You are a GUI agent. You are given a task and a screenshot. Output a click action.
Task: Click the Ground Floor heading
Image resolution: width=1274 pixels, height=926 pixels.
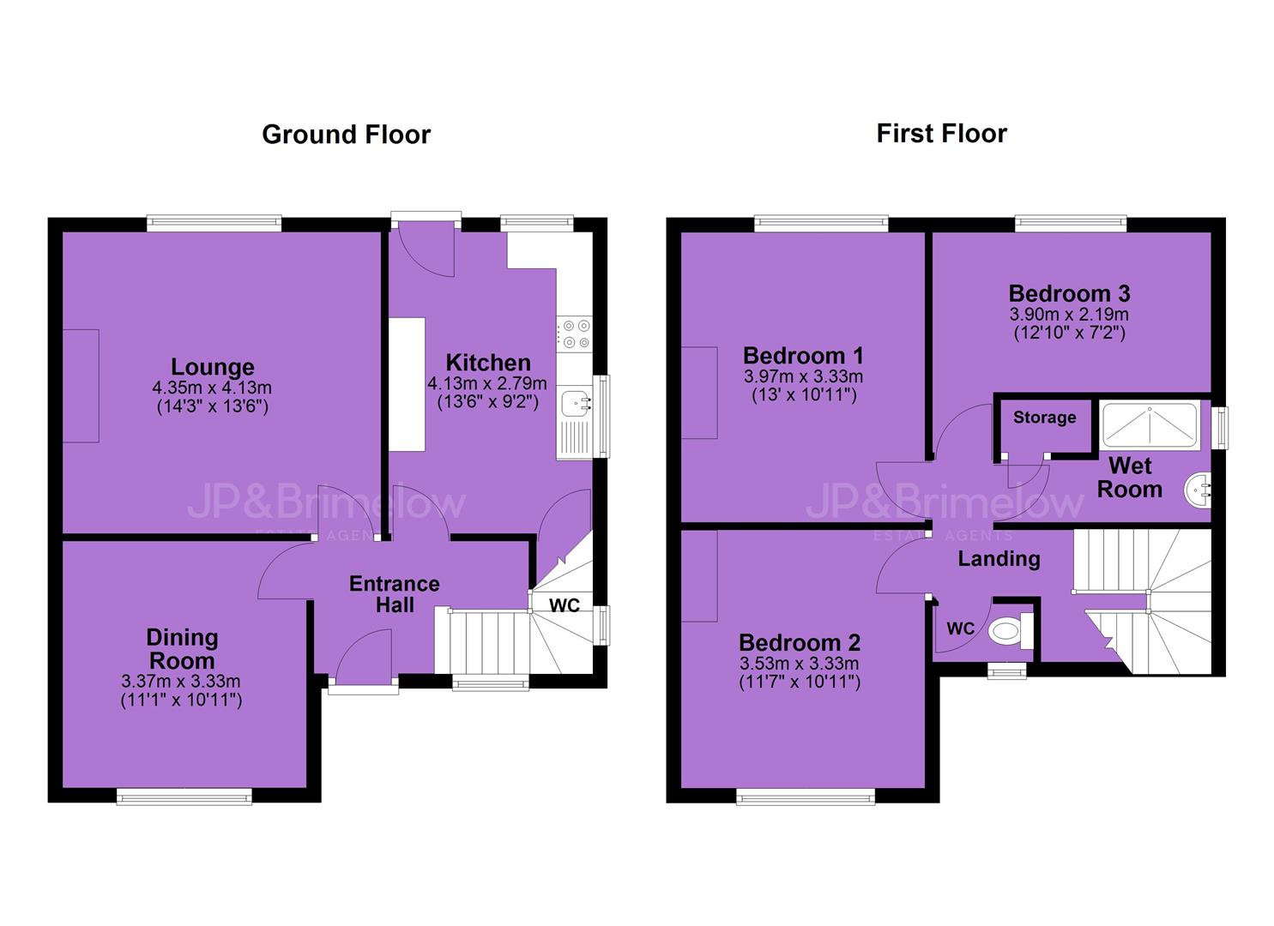coord(346,135)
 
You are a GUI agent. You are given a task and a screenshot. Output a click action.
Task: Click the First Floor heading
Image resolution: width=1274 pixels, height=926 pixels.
coord(941,134)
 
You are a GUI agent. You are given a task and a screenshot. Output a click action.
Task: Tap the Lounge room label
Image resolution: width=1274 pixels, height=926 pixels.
coord(212,367)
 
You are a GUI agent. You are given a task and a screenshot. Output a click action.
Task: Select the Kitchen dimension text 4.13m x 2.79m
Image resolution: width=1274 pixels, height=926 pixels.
coord(487,384)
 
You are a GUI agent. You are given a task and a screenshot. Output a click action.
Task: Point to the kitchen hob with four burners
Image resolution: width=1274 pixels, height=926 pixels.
coord(575,334)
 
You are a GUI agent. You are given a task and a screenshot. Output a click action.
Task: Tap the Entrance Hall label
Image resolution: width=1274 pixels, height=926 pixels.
coord(394,594)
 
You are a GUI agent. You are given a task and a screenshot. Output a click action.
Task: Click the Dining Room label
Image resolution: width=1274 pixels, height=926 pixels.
coord(182,649)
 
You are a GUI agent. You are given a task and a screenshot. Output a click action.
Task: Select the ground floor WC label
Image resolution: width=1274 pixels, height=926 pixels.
coord(565,605)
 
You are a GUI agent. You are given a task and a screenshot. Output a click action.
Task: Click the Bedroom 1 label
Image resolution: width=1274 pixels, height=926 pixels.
coord(803,356)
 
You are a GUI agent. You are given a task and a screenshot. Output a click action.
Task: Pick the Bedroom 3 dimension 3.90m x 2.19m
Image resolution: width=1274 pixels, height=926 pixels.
coord(1069,315)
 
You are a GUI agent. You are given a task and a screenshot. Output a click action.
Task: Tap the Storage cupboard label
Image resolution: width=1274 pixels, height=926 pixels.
coord(1045,418)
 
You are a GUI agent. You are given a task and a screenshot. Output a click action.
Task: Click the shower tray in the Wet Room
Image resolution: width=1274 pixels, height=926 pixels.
coord(1150,424)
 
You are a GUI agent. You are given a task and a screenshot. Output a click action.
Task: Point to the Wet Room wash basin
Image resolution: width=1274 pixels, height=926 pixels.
coord(1198,489)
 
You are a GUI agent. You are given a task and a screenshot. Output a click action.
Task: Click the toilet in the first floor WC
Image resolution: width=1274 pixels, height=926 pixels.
coord(1011,631)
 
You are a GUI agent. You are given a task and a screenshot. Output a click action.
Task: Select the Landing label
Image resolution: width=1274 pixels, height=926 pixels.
coord(999,558)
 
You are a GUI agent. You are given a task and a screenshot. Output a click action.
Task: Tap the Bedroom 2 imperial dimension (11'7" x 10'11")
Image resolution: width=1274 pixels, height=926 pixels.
coord(800,682)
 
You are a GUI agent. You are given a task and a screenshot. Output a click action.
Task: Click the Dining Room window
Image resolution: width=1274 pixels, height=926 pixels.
coord(184,796)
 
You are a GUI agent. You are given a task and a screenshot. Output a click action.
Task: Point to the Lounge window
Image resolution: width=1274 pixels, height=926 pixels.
coord(214,223)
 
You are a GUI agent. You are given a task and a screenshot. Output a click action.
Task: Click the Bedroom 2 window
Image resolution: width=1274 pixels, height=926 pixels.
coord(806,797)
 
